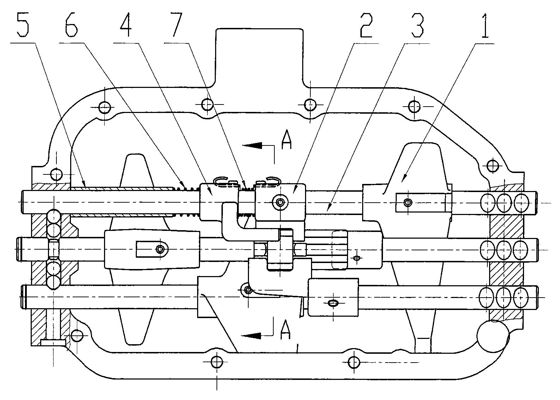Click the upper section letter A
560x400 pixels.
point(286,141)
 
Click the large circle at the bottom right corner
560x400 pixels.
point(492,336)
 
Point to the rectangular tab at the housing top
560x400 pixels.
point(259,56)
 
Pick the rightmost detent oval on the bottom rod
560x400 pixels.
point(521,297)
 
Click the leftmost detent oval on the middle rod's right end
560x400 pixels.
point(488,250)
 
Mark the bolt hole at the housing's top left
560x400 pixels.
point(105,107)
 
